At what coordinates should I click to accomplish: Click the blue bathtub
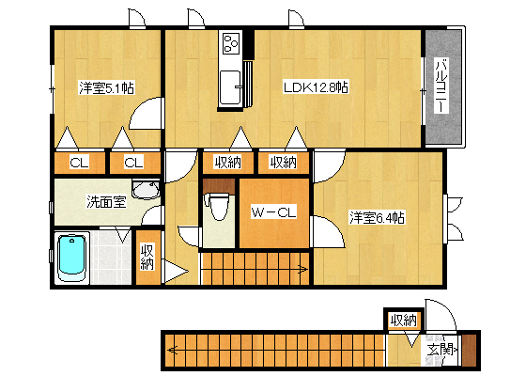point(72,255)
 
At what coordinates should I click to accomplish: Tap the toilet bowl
point(218,208)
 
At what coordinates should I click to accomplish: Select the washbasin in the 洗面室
point(146,190)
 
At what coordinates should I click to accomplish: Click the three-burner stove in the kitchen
point(231,43)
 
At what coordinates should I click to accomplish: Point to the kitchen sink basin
point(230,87)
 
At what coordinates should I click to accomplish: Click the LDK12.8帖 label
point(315,87)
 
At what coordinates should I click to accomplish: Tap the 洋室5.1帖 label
point(106,88)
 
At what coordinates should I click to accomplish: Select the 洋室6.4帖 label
point(377,217)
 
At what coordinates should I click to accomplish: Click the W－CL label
point(273,212)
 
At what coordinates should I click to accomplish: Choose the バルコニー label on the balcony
point(442,86)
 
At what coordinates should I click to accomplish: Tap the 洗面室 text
point(106,201)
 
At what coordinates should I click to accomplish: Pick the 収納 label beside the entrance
point(404,320)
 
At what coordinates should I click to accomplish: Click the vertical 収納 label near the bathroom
point(147,258)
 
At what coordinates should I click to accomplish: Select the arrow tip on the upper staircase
point(305,269)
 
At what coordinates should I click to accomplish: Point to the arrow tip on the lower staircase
point(170,351)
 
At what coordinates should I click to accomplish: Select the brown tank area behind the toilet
point(218,187)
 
